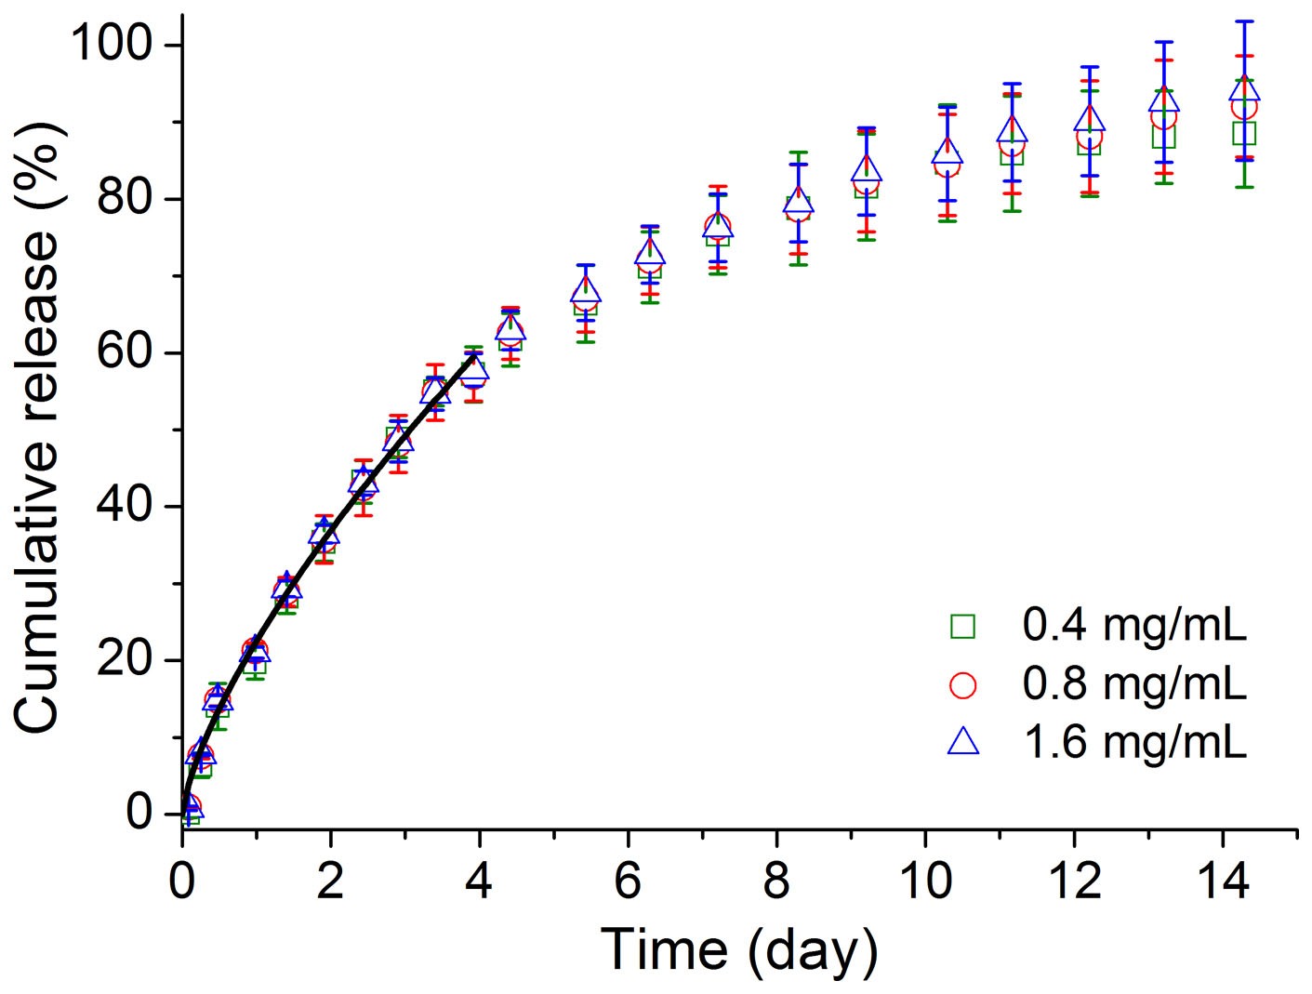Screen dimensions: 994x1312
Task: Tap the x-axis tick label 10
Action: click(926, 881)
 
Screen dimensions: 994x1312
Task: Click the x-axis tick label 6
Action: click(629, 881)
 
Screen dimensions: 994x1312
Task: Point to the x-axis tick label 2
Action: click(331, 881)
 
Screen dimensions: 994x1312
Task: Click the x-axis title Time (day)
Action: click(739, 949)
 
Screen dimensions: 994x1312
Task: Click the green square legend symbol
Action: click(963, 627)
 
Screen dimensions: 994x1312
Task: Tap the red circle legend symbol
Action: click(963, 685)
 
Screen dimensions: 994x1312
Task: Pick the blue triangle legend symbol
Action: click(963, 742)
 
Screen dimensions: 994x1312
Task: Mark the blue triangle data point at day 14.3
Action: click(1244, 89)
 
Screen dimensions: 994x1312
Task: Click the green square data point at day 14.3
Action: click(1244, 133)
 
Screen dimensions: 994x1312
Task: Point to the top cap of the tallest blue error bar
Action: click(1244, 21)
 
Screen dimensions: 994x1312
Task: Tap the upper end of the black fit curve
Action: click(477, 354)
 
